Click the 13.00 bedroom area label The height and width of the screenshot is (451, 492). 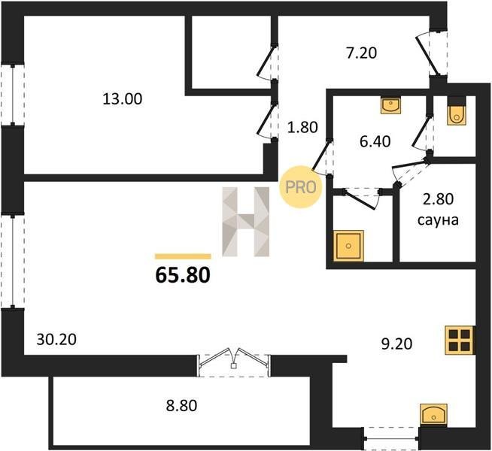[x=123, y=99]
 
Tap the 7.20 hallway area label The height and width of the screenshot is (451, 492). [x=361, y=53]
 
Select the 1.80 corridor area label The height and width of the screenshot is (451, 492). [x=302, y=127]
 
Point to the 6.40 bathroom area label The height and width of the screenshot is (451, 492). [x=375, y=141]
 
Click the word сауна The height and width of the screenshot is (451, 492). [x=439, y=220]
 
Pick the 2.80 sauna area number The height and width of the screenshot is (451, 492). [x=439, y=199]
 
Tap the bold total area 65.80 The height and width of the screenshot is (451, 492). [x=183, y=276]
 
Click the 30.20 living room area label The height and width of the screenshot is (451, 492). [x=56, y=340]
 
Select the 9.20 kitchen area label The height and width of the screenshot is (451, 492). [x=396, y=344]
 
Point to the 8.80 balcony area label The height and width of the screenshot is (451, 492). [x=181, y=406]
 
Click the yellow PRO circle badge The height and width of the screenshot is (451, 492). [x=301, y=187]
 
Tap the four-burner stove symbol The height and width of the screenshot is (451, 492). [x=460, y=340]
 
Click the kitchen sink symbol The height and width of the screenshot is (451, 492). [x=433, y=414]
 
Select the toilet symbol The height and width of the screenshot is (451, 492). [x=457, y=112]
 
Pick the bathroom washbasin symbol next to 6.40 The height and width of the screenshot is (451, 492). [x=390, y=104]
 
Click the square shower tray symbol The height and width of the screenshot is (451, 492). [x=348, y=246]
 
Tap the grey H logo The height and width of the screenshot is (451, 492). [x=246, y=222]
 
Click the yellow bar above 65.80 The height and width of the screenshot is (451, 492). [x=183, y=256]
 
